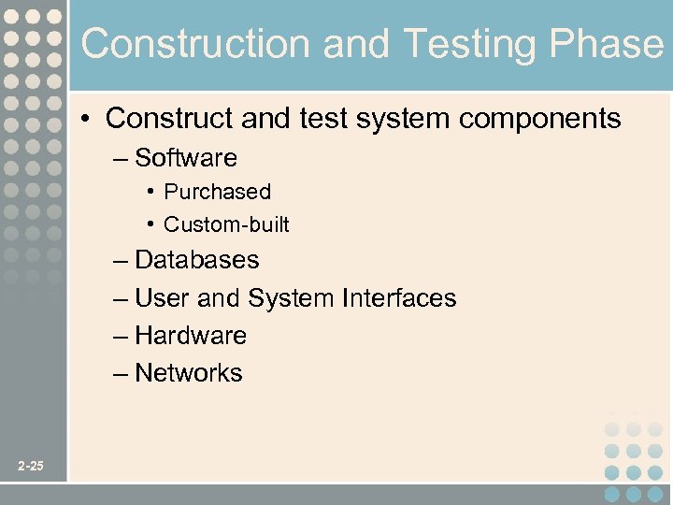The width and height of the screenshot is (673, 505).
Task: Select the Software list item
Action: click(x=186, y=158)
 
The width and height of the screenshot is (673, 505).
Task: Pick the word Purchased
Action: click(x=217, y=192)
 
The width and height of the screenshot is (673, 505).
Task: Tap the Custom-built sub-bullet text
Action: click(x=226, y=224)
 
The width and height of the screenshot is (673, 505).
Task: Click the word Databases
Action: click(x=197, y=260)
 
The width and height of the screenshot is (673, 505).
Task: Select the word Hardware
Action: click(x=191, y=336)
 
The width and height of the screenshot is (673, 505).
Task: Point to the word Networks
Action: click(x=189, y=373)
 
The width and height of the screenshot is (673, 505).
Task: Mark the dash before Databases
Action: click(x=119, y=261)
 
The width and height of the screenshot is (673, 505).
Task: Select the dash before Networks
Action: click(x=119, y=374)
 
